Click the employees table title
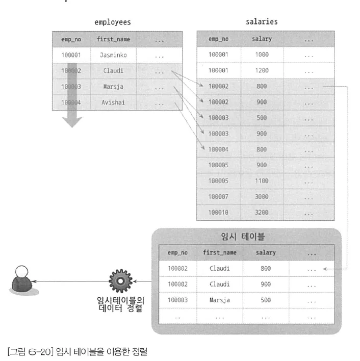[113, 22]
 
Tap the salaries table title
[261, 22]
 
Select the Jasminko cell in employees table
[113, 55]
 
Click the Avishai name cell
[113, 102]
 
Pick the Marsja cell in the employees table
[113, 87]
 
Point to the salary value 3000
[262, 196]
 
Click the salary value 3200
[262, 212]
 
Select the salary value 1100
[262, 181]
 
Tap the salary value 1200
[262, 70]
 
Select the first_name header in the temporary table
[220, 252]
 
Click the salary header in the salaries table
[262, 39]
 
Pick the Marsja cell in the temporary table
[220, 300]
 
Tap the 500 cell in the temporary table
[265, 300]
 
